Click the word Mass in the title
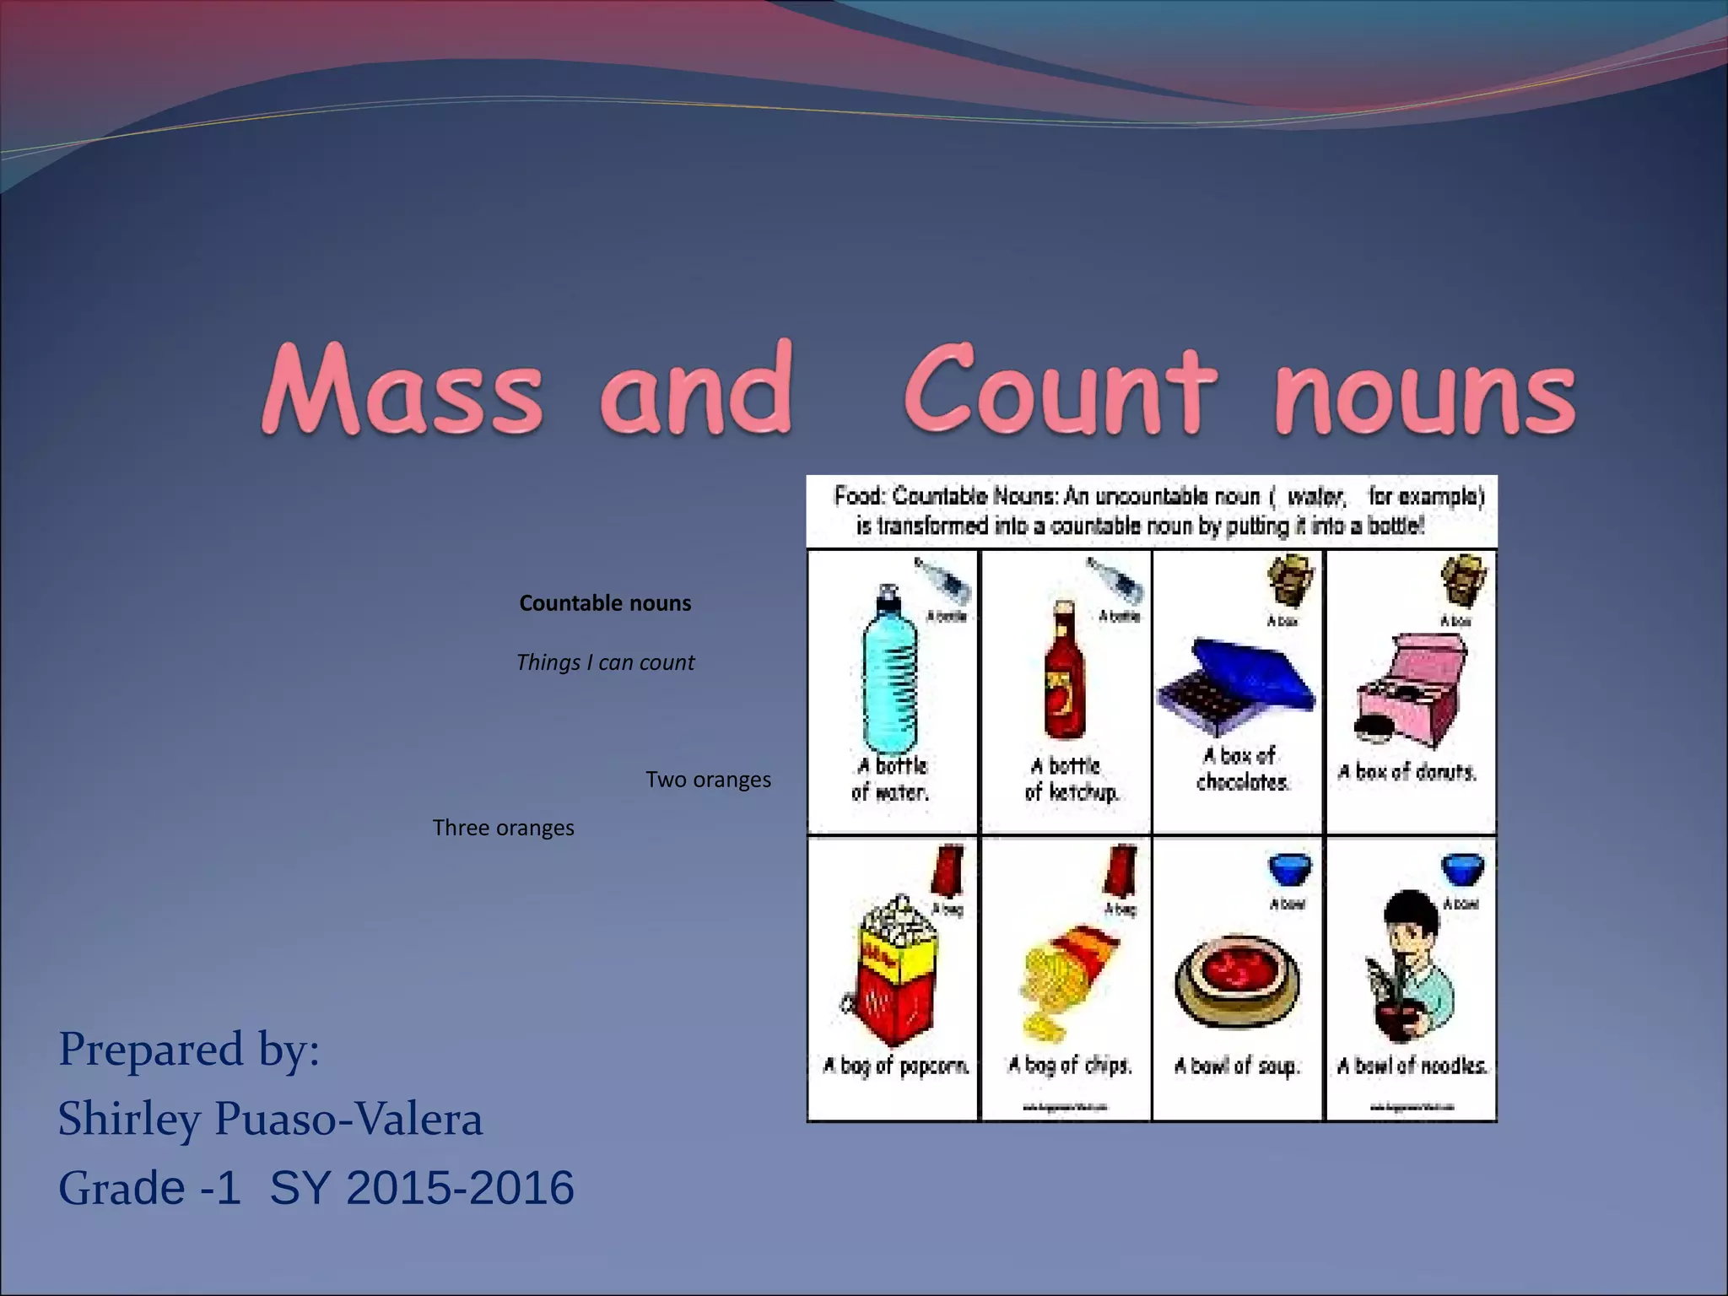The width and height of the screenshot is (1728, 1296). pos(402,389)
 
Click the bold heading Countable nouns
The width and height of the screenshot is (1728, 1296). pos(605,603)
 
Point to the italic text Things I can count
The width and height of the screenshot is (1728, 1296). pos(605,662)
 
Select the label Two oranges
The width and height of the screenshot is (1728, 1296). pos(708,780)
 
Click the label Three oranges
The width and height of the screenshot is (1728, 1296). pos(503,828)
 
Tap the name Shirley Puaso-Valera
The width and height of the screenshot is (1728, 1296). pos(270,1119)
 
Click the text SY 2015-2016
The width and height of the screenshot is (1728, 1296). pos(422,1188)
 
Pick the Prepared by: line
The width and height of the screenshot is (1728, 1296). pos(189,1050)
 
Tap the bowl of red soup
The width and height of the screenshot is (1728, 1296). pos(1237,983)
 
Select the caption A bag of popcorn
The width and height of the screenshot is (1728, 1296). pos(895,1066)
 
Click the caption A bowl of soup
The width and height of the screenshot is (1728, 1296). pos(1237,1066)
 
